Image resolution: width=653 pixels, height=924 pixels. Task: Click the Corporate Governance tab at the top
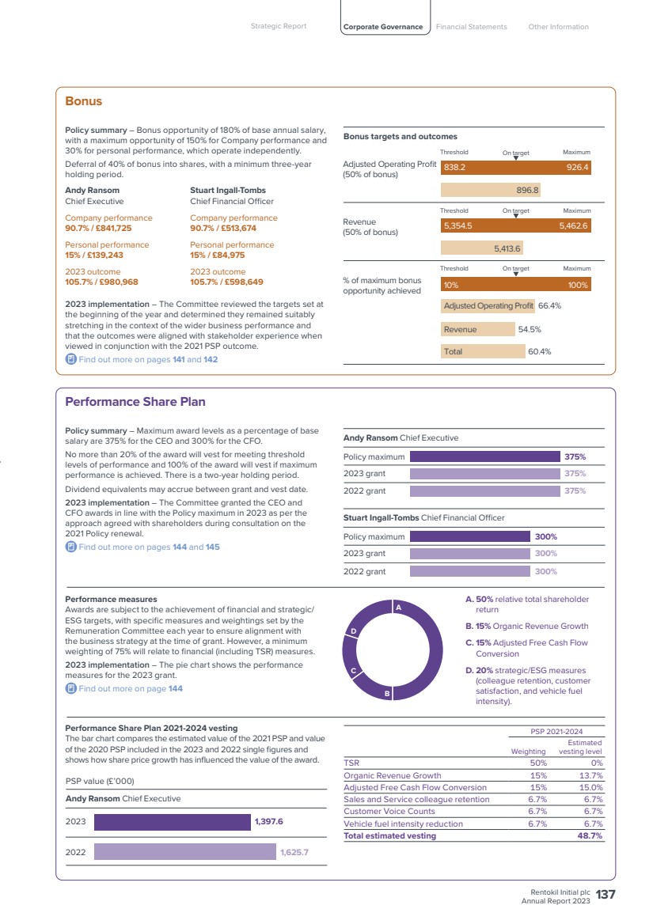tap(383, 27)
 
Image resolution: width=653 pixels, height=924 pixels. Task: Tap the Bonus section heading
tap(84, 101)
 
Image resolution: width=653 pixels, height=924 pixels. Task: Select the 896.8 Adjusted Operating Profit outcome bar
tap(490, 190)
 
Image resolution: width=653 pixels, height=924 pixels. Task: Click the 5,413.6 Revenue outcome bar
tap(482, 248)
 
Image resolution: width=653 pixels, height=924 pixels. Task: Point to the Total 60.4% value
tap(539, 352)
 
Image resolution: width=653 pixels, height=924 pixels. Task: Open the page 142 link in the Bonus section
tap(211, 359)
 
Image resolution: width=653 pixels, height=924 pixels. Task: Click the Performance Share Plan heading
tap(135, 402)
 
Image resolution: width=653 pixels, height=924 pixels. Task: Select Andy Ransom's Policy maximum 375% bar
tap(485, 456)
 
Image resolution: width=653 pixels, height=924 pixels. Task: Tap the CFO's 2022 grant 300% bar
tap(469, 571)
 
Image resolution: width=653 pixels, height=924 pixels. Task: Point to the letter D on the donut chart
tap(354, 631)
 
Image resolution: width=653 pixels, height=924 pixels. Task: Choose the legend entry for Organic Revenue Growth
tap(527, 627)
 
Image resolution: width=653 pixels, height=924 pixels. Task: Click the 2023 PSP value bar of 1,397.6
tap(173, 822)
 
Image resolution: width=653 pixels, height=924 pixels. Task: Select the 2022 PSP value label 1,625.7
tap(294, 852)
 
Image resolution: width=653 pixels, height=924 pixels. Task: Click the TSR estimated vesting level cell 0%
tap(597, 763)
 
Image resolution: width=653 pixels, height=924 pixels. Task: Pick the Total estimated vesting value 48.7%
tap(590, 835)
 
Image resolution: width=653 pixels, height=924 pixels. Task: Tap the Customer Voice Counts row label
tap(389, 812)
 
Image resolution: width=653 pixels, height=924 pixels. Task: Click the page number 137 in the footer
tap(606, 895)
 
